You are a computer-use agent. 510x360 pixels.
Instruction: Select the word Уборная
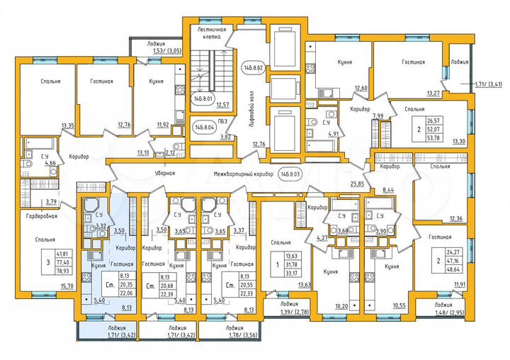pos(164,173)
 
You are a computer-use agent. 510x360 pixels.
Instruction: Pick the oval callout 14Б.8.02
pos(253,68)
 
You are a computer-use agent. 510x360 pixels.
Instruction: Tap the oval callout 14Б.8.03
pos(290,173)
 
